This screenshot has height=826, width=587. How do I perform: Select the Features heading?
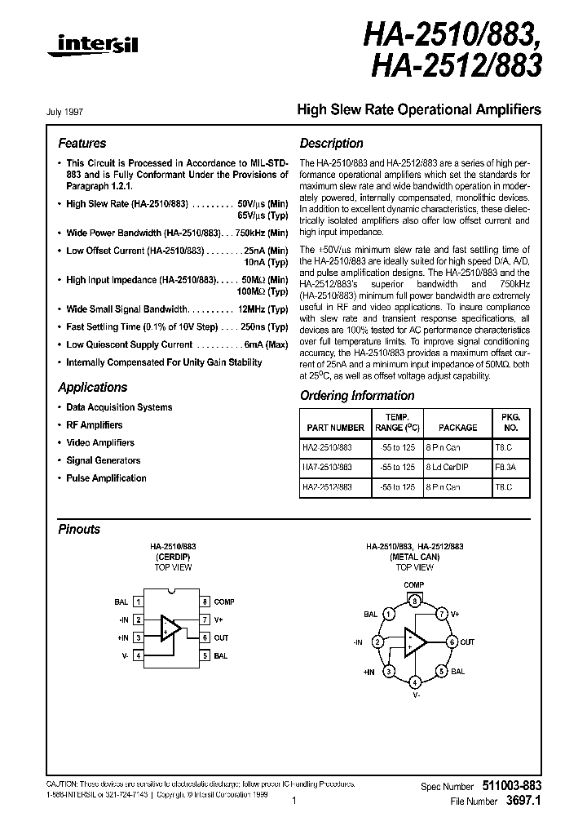[x=82, y=143]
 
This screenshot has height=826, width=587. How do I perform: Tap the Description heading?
[x=331, y=143]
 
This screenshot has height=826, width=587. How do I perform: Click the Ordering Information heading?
[x=357, y=396]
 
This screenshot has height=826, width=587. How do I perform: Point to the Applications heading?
[x=92, y=388]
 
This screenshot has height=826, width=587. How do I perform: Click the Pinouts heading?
[x=79, y=529]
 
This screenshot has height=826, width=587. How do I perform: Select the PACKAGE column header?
[x=457, y=427]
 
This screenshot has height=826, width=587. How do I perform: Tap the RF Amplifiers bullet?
[x=95, y=425]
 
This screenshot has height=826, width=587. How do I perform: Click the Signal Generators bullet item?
[x=104, y=460]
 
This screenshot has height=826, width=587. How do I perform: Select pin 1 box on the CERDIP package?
[x=139, y=602]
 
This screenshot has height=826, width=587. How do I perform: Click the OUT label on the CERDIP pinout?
[x=222, y=637]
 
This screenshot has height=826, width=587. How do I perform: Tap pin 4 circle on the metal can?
[x=415, y=682]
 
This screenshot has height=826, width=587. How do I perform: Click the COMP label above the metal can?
[x=414, y=585]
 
